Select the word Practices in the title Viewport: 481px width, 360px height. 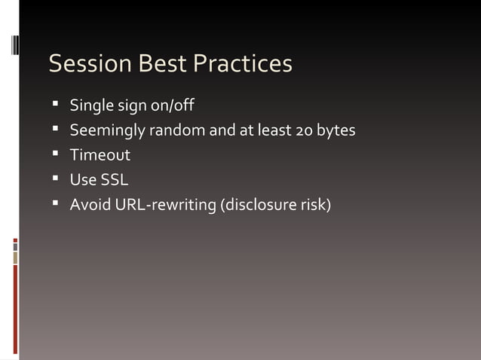coord(241,64)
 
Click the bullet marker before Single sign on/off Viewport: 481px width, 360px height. coord(56,103)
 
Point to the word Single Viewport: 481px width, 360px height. coord(90,105)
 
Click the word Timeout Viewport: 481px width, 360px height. coord(100,155)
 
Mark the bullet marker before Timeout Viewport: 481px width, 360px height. coord(56,154)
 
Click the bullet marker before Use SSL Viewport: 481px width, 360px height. coord(56,179)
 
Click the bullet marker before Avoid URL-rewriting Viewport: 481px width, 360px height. coord(56,203)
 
